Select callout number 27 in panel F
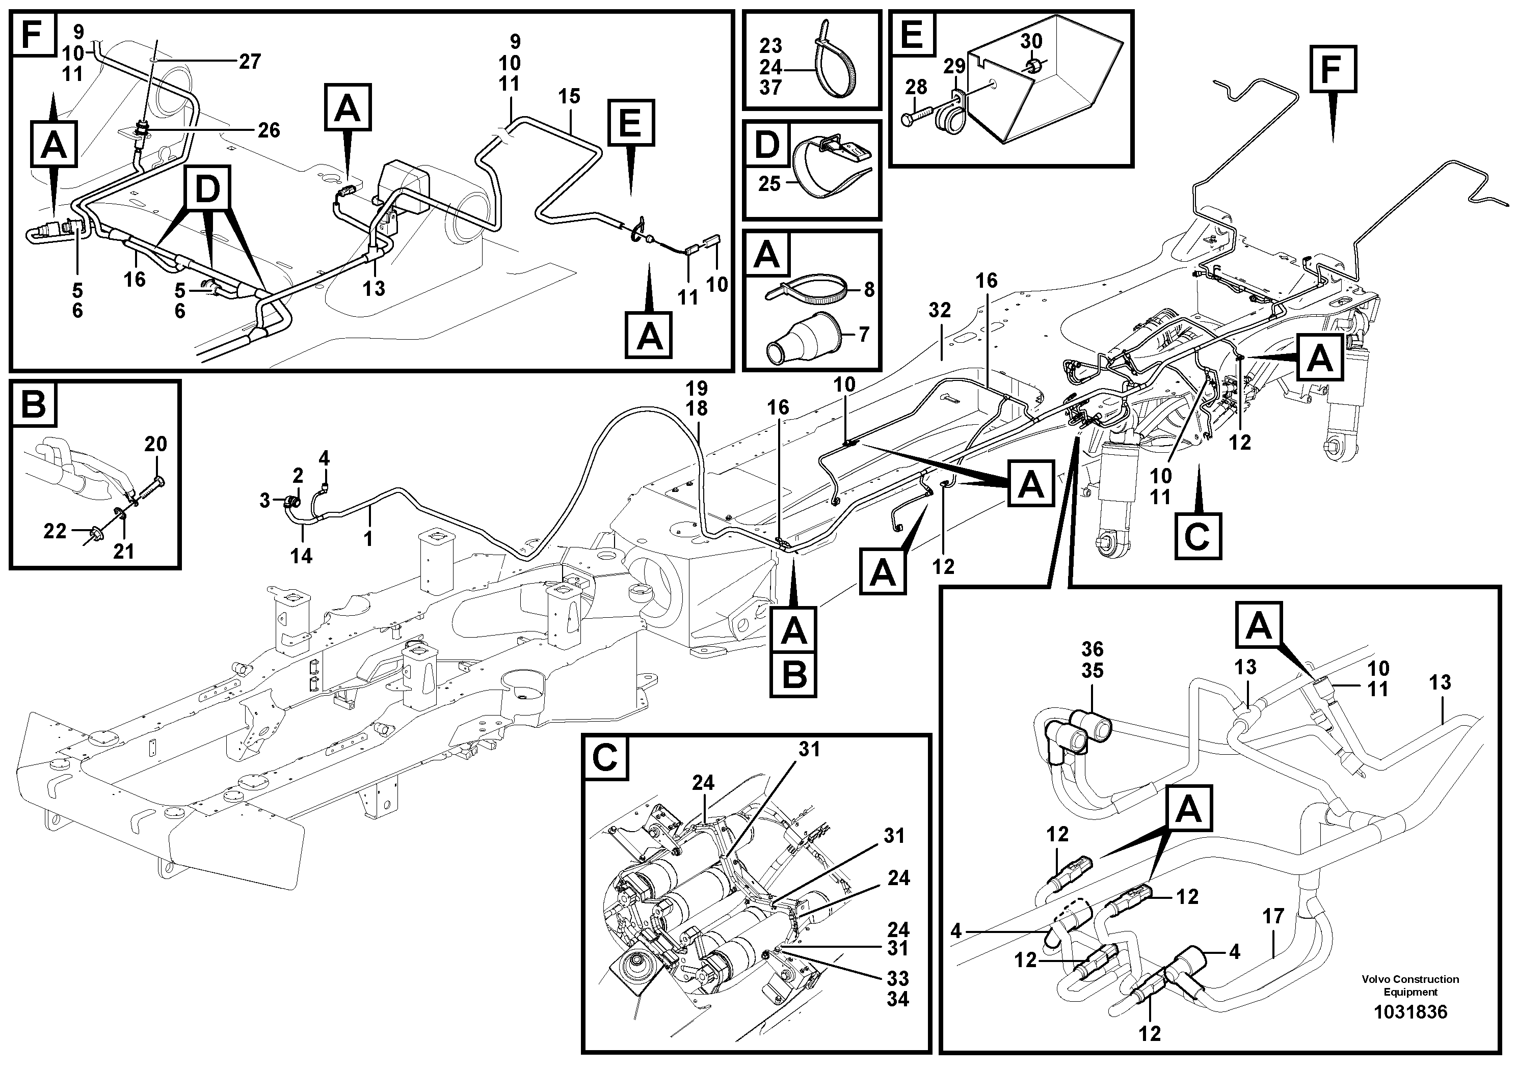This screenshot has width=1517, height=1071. click(249, 62)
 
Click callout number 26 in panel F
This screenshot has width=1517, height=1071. click(268, 130)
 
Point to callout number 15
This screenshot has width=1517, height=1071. click(568, 96)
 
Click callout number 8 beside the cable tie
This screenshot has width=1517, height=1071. click(869, 290)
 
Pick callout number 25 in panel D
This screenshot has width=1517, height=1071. click(769, 183)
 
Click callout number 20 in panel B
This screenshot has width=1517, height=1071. click(156, 445)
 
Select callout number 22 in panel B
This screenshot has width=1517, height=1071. click(55, 530)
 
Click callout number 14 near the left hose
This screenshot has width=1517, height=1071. click(301, 556)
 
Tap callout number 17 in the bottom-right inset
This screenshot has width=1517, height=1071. click(1272, 917)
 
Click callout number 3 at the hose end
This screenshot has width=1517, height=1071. click(264, 501)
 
